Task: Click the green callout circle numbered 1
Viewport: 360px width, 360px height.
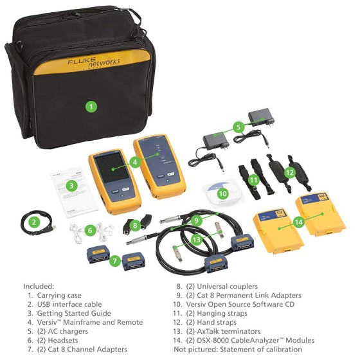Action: (91, 107)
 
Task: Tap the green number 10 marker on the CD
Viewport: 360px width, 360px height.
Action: (222, 194)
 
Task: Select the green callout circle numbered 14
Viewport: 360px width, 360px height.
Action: (299, 222)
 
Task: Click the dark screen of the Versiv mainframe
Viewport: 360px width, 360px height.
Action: (113, 168)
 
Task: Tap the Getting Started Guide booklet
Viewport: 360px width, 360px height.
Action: (74, 193)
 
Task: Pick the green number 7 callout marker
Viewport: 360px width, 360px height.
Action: (115, 260)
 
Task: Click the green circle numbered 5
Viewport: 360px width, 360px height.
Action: (239, 127)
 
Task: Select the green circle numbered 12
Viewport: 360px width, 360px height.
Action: (290, 173)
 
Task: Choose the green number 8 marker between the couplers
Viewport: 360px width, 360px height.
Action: (135, 225)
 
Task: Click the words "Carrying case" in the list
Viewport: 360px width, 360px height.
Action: (59, 295)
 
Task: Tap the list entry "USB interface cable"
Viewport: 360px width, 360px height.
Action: (69, 304)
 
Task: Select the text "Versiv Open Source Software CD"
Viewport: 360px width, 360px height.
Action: (240, 304)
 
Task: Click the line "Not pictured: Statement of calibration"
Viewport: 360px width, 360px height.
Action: (238, 349)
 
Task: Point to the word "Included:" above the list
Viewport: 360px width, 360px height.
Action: (39, 286)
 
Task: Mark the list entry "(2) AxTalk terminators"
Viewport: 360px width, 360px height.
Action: (224, 331)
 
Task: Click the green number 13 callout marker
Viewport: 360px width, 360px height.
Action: (197, 240)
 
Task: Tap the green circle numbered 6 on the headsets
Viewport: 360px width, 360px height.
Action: (90, 230)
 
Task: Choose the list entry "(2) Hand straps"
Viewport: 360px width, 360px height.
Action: (212, 322)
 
